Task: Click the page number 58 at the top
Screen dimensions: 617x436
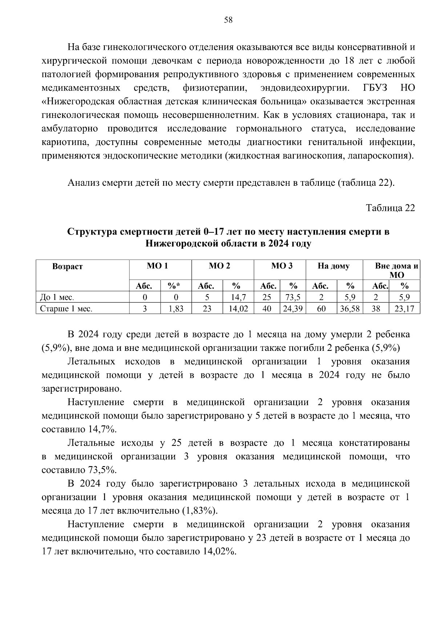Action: (x=228, y=20)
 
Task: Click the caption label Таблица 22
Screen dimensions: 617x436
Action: (x=390, y=208)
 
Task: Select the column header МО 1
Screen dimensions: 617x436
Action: (x=157, y=266)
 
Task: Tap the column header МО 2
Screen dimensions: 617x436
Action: (x=219, y=266)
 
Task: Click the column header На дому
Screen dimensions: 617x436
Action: (x=334, y=266)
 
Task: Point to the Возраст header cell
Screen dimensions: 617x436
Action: (x=68, y=267)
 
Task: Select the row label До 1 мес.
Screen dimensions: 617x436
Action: (x=57, y=297)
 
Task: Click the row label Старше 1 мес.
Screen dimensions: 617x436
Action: (x=66, y=309)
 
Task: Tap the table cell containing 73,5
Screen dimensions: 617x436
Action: (x=293, y=297)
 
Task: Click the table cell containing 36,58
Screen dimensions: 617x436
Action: (x=350, y=309)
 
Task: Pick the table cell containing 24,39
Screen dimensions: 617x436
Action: (x=293, y=309)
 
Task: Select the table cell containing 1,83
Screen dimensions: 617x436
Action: (x=176, y=309)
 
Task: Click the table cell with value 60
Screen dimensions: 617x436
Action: (x=321, y=309)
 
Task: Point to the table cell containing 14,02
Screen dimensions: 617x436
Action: (x=238, y=309)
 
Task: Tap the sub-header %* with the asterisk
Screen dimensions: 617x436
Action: (x=176, y=286)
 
